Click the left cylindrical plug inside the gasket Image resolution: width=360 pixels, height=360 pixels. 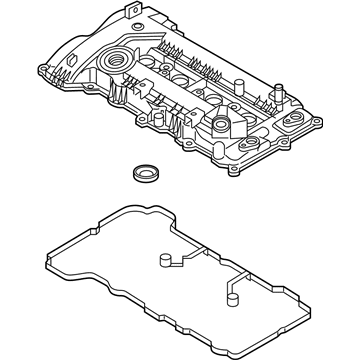[x=160, y=262]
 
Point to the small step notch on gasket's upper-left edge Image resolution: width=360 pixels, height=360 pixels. [x=113, y=215]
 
